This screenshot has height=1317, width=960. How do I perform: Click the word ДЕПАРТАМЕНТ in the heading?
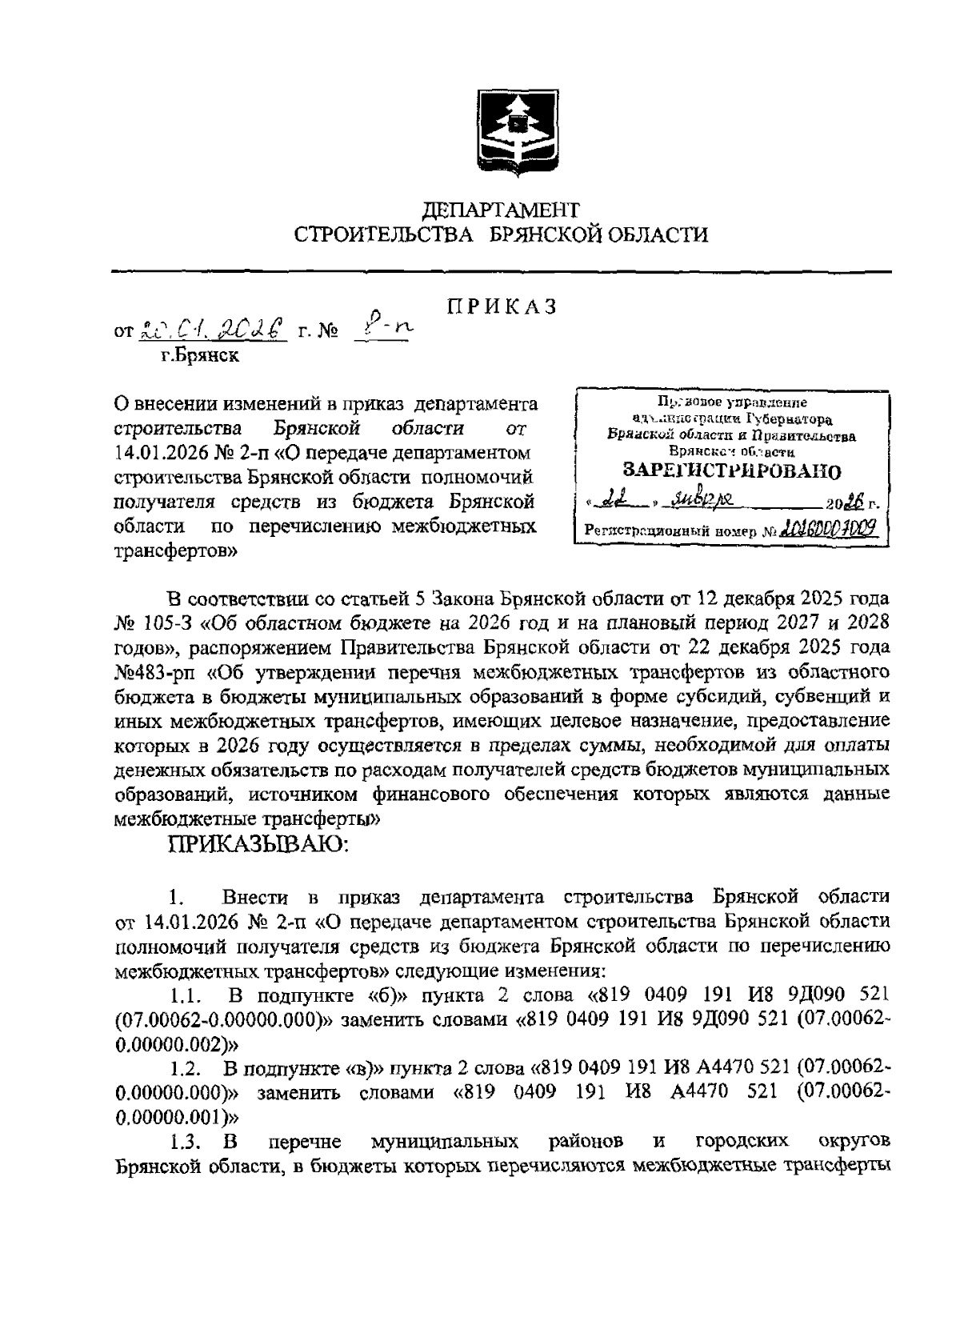(501, 210)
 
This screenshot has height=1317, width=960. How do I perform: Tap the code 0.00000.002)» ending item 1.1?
(177, 1044)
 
